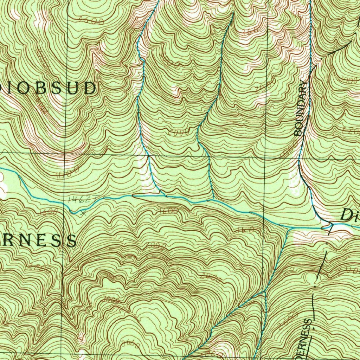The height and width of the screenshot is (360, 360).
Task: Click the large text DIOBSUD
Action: pos(49,88)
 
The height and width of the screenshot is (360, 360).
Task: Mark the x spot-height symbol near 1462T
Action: pos(83,213)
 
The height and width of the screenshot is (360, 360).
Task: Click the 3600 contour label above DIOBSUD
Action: pos(91,21)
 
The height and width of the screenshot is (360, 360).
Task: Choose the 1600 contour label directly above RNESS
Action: pos(49,212)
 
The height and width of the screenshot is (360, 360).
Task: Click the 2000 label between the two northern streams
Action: pos(179,132)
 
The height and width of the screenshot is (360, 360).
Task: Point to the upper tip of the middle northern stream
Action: pos(233,13)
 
